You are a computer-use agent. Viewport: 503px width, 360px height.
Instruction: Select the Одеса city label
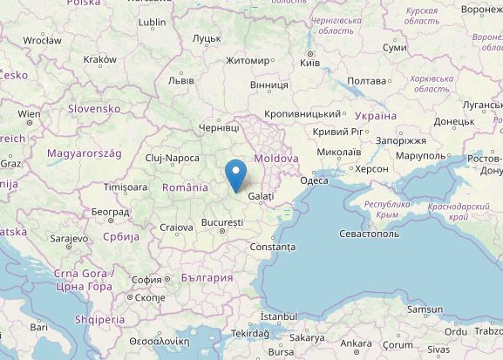(314, 180)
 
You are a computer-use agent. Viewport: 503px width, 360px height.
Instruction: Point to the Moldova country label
(276, 159)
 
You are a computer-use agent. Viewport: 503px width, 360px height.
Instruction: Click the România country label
(185, 187)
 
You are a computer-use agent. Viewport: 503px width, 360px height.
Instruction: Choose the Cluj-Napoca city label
(173, 158)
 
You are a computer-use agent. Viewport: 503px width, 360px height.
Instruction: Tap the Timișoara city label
(126, 187)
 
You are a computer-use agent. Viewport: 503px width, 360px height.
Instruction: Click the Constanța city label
(272, 247)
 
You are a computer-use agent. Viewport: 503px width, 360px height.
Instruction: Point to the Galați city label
(261, 197)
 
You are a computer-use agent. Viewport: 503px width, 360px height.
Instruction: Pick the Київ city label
(309, 62)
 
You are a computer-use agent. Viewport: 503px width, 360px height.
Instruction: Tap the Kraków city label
(99, 59)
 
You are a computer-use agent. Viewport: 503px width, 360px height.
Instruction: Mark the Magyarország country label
(84, 153)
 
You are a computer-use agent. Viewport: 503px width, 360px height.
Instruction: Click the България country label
(207, 278)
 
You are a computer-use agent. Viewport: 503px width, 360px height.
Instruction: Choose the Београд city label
(110, 212)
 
